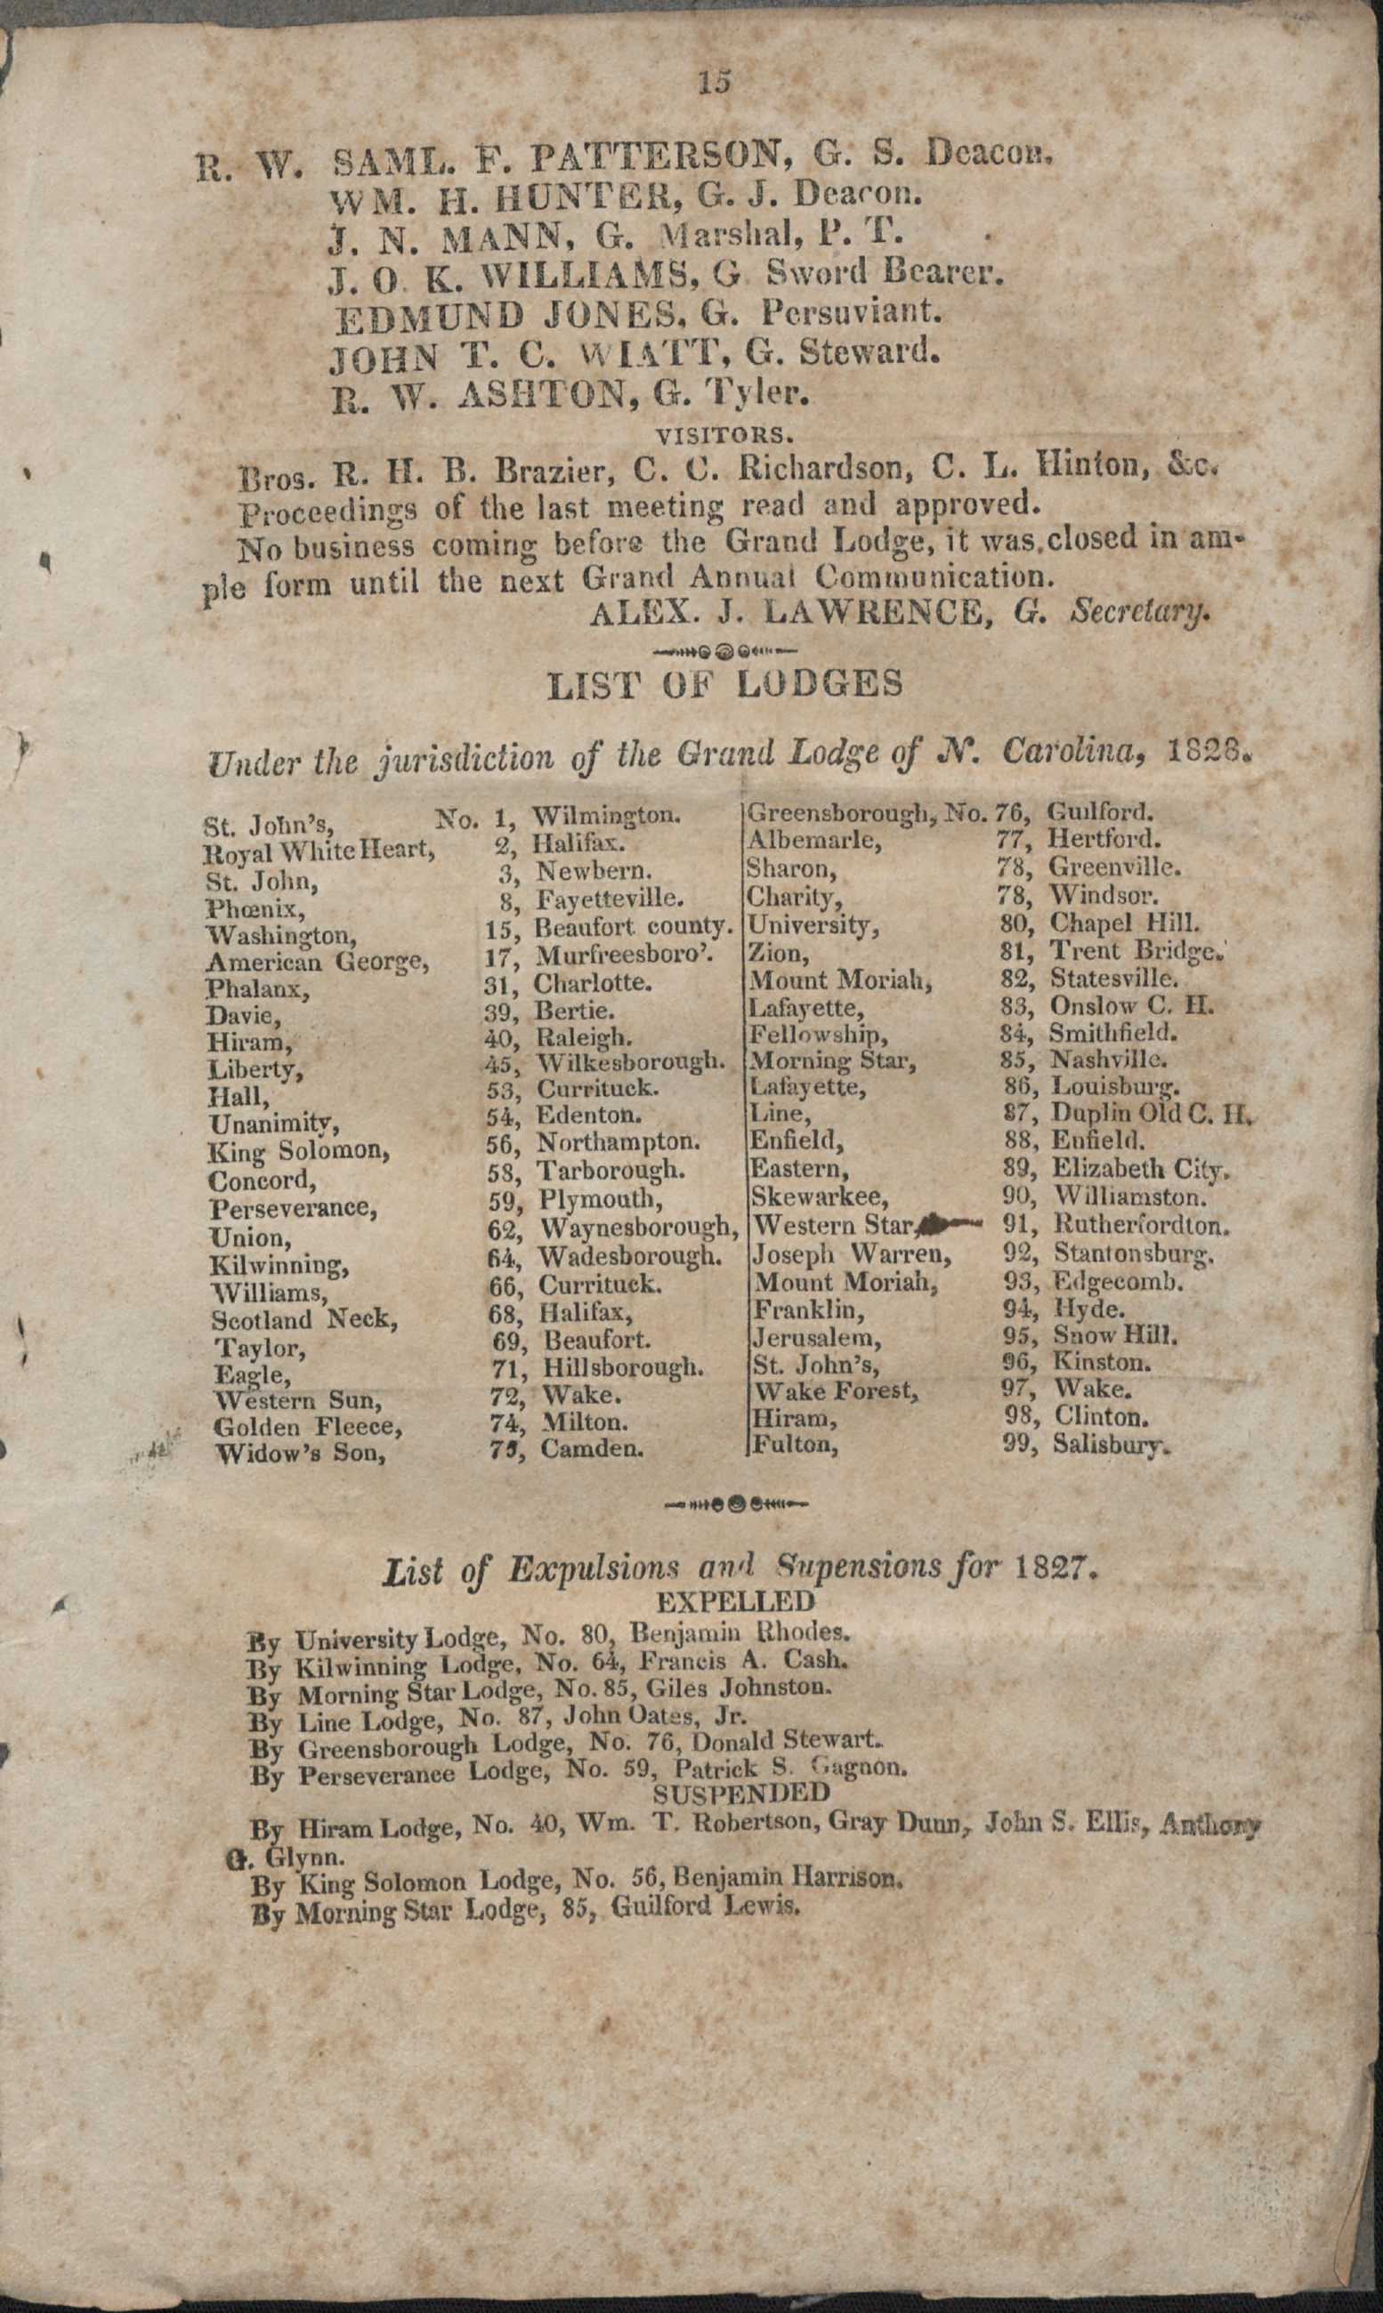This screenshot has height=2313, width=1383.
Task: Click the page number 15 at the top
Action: [x=715, y=82]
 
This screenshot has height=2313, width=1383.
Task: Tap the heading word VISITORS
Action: [x=724, y=435]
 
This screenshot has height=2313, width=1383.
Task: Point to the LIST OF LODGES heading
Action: [x=725, y=685]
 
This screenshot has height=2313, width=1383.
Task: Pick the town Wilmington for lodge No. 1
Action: [x=606, y=817]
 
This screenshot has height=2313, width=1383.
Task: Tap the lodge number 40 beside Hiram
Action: [x=499, y=1037]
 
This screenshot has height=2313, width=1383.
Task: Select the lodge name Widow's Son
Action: [x=299, y=1454]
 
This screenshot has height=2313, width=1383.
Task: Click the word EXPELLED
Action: [x=735, y=1602]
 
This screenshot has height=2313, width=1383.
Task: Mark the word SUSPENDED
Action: [x=740, y=1793]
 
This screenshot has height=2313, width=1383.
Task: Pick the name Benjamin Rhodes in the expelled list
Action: [x=739, y=1632]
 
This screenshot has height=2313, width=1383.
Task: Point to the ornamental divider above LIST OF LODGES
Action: [x=725, y=649]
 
